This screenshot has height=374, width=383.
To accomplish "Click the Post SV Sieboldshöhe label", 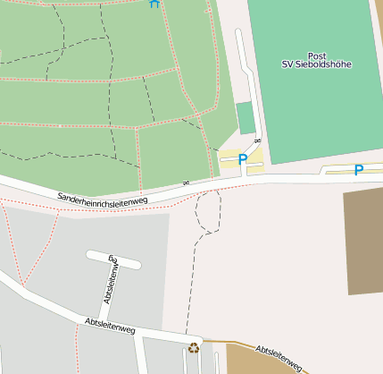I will [316, 60].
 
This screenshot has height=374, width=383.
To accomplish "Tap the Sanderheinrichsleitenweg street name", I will [102, 197].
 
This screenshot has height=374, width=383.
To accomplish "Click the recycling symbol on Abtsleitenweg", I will [194, 347].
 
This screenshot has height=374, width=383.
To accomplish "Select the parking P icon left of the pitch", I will [242, 159].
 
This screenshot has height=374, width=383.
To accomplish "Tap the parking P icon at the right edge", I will [359, 169].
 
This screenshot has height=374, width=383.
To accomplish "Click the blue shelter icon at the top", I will [154, 4].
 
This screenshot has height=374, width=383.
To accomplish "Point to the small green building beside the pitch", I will [246, 117].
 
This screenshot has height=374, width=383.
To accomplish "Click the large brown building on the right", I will [364, 242].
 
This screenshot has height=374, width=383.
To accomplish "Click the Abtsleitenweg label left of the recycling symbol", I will [109, 327].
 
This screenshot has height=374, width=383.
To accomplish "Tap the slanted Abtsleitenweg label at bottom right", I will [280, 358].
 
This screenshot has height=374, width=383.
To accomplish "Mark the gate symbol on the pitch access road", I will [257, 141].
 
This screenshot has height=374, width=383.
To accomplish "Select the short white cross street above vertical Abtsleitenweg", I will [113, 259].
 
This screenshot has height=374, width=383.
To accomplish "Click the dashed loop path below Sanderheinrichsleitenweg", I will [207, 212].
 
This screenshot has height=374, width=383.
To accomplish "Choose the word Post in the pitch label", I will [316, 55].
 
